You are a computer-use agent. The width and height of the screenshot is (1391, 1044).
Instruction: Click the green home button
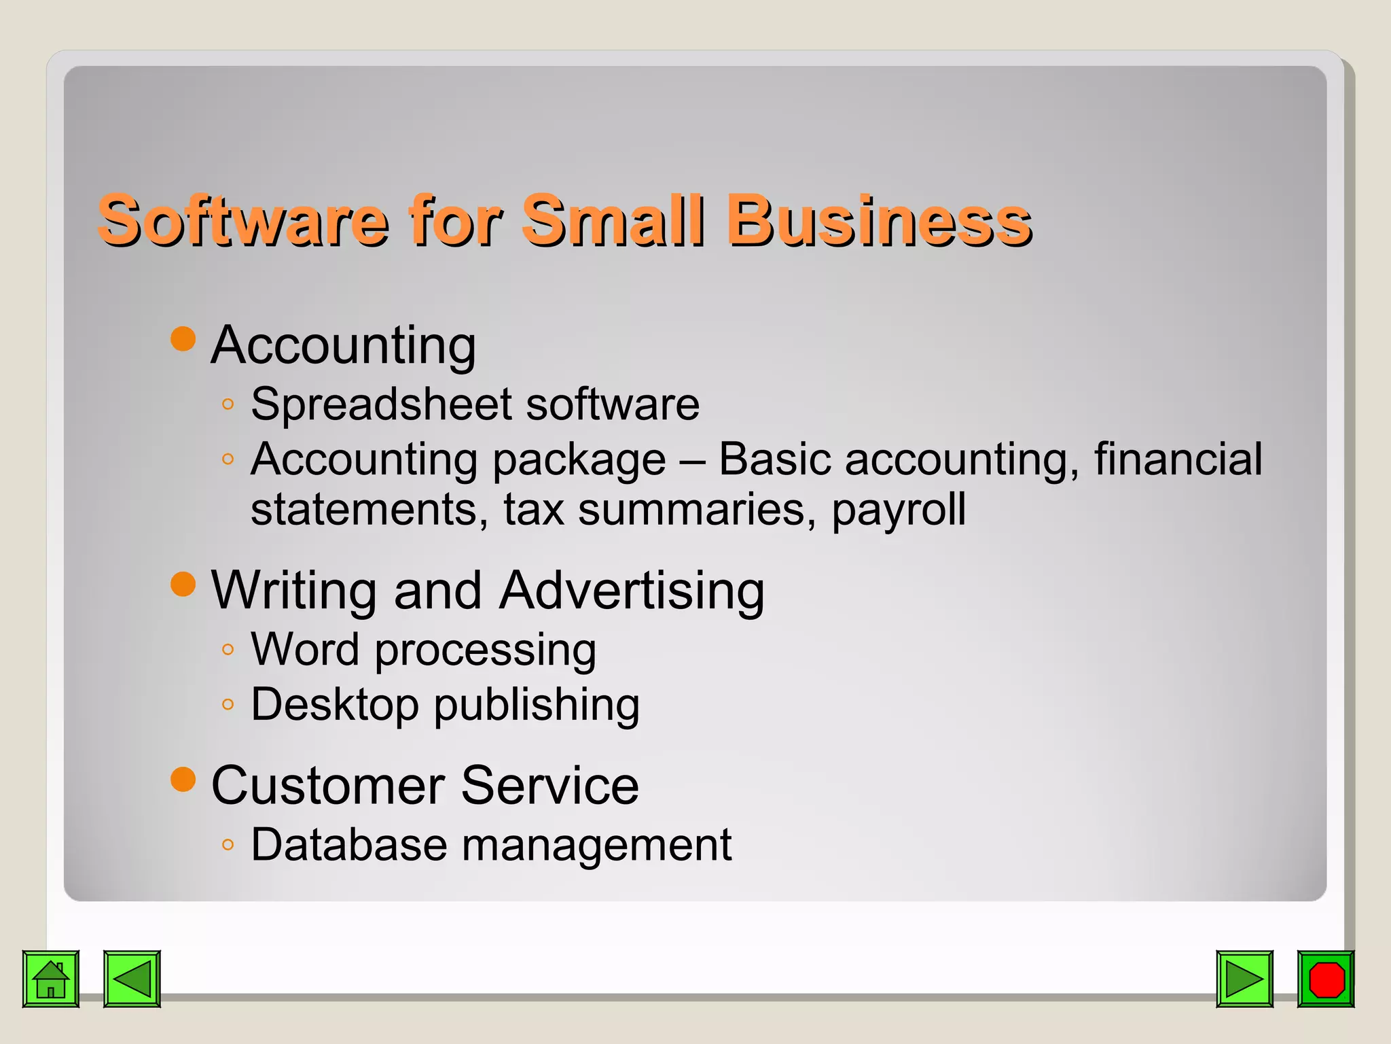(x=51, y=979)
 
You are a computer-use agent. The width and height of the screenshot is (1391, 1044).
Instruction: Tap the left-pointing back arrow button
(x=132, y=979)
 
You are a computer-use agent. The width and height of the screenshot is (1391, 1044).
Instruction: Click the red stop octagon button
(x=1326, y=979)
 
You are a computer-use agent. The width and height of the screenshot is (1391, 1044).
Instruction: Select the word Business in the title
(x=879, y=220)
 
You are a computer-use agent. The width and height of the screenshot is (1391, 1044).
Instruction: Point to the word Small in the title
(x=613, y=220)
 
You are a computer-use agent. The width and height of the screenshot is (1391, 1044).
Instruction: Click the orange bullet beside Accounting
(x=183, y=338)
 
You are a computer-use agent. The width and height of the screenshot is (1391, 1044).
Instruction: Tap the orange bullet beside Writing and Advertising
(x=183, y=584)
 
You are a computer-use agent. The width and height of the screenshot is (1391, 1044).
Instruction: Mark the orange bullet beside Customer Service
(x=183, y=780)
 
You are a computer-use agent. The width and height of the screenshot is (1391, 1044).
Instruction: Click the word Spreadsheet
(x=381, y=405)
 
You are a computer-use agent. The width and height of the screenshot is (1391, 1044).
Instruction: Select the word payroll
(x=899, y=510)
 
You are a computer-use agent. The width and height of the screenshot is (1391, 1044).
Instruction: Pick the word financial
(x=1178, y=459)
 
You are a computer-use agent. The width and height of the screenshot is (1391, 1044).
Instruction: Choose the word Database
(x=349, y=845)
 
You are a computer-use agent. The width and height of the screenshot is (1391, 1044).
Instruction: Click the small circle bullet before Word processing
(x=228, y=650)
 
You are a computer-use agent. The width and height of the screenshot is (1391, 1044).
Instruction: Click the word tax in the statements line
(x=533, y=510)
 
